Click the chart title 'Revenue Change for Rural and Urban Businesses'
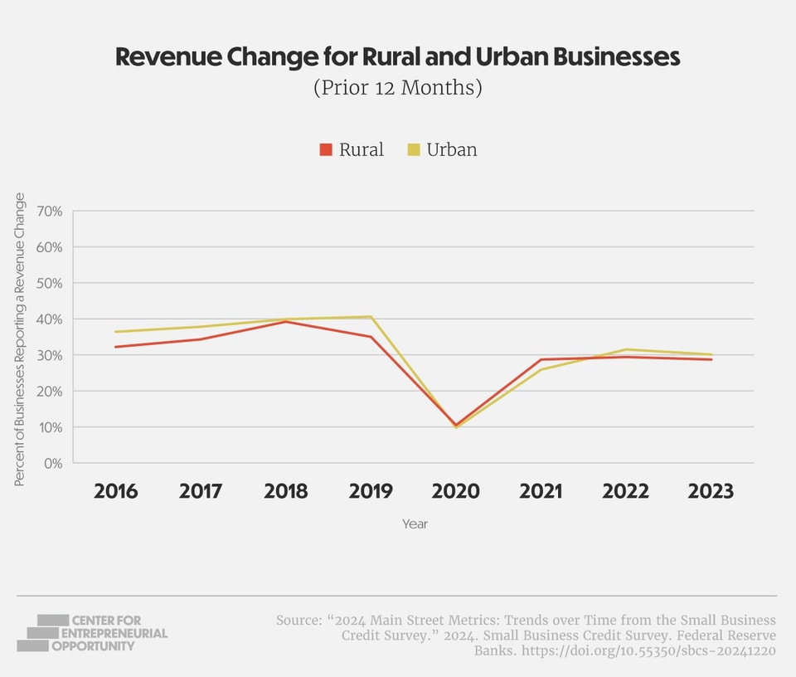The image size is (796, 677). click(397, 57)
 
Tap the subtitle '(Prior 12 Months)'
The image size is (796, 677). click(397, 87)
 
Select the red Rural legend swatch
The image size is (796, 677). click(326, 150)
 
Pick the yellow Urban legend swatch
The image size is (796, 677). click(414, 150)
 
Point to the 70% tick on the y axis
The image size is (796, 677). click(49, 212)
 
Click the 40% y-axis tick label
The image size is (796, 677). click(49, 319)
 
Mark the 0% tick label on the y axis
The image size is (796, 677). click(52, 463)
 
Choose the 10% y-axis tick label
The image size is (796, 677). click(49, 427)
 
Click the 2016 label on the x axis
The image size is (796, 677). click(116, 491)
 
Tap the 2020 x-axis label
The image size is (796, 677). click(455, 491)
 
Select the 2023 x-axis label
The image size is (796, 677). click(711, 491)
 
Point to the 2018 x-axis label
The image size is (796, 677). click(285, 491)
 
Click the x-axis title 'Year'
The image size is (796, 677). click(415, 524)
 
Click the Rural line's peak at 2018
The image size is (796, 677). click(285, 321)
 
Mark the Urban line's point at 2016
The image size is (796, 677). click(116, 332)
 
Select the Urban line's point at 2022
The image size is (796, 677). click(626, 349)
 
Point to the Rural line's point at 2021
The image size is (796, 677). click(541, 359)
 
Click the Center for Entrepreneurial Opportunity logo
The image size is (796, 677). click(91, 633)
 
